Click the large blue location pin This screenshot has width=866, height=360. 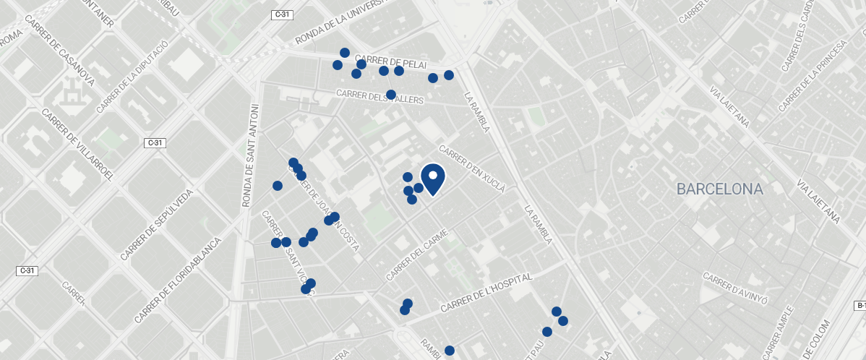tap(432, 179)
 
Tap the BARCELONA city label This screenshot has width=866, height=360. tap(719, 189)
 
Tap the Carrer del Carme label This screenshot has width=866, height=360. tap(417, 256)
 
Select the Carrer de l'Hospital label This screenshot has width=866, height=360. tap(486, 292)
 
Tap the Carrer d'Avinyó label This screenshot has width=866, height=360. tap(734, 288)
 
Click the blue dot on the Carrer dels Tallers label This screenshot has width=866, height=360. tap(391, 95)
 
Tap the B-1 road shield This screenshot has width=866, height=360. tap(860, 306)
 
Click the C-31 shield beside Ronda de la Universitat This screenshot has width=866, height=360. tap(282, 14)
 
